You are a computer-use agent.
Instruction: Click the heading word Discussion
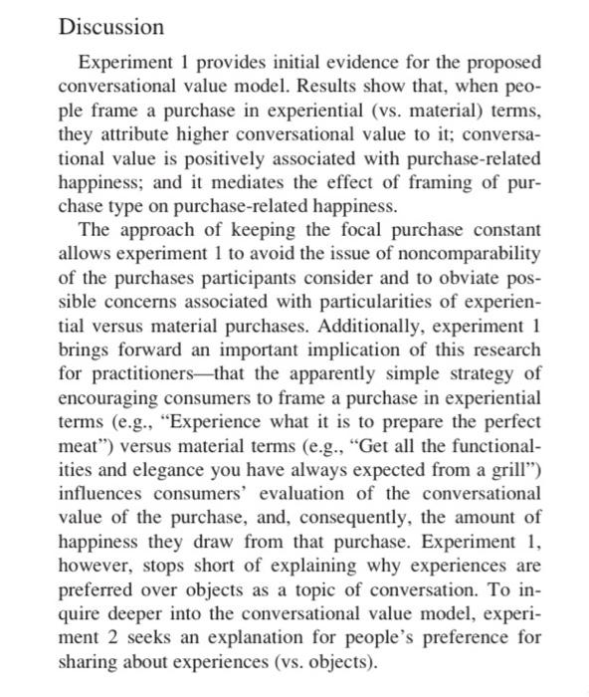[110, 27]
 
